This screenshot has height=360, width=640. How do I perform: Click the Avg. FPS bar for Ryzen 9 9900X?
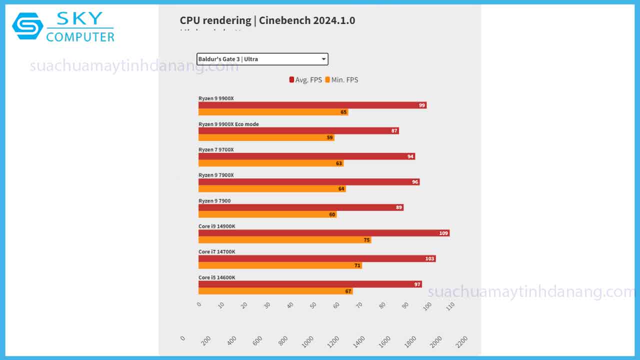coord(312,105)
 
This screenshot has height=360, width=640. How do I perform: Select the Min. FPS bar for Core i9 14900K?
coord(284,240)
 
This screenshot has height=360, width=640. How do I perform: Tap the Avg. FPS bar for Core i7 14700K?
coord(316,258)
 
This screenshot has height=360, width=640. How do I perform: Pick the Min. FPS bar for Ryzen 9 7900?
coord(267,214)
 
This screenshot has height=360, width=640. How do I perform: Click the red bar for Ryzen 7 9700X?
coord(306,156)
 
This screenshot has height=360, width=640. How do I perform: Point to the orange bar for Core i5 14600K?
coord(275,291)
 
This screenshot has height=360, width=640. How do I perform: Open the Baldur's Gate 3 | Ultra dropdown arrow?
coord(323,59)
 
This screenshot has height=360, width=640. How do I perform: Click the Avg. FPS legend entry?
coord(305,80)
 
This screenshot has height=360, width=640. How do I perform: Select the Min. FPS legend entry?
coord(341,80)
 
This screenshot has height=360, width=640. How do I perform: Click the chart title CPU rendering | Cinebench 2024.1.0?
coord(267,20)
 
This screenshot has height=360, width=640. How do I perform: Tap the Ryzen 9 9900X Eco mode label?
coord(228,124)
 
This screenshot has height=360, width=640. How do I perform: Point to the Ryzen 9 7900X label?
coord(216,175)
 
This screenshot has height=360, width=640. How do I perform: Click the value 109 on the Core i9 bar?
coord(443,233)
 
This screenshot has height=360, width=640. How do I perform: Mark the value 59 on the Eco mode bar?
coord(330,137)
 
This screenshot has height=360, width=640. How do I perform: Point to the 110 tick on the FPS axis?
coord(450,305)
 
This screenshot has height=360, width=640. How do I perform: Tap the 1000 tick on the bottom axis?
coord(308,341)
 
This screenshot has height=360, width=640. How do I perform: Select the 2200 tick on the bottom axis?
coord(461,341)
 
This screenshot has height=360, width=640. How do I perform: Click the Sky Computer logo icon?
coord(27,26)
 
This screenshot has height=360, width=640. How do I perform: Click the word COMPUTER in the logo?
coord(80,37)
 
